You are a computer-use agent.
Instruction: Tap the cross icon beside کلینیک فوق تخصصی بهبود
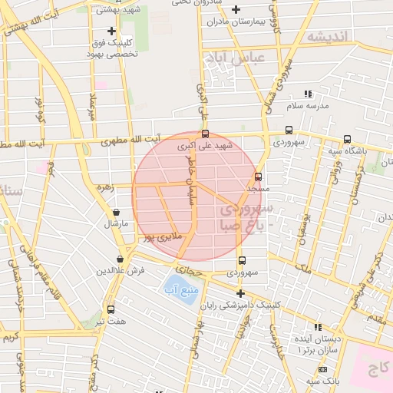tap(112, 31)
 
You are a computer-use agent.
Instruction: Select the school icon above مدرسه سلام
tap(308, 94)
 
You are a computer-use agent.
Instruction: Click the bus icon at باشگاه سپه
tap(348, 140)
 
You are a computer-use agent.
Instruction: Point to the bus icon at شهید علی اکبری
tap(204, 134)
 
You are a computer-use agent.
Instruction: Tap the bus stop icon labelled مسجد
tap(258, 176)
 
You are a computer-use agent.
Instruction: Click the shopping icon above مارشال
tap(116, 212)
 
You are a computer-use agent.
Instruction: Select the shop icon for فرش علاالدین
tap(120, 259)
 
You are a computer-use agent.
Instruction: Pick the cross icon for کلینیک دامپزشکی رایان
tap(240, 293)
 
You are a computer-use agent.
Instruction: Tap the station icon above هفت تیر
tap(111, 309)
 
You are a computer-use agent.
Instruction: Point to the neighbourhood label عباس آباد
tap(234, 58)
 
